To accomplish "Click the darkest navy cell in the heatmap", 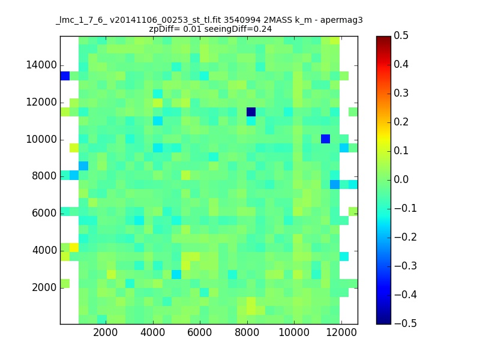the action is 251,112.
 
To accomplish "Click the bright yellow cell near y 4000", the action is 74,247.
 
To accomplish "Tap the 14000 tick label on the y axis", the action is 41,65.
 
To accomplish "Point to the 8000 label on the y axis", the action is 44,176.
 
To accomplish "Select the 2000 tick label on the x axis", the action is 106,332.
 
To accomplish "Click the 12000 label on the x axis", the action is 341,332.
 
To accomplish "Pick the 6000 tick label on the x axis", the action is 200,332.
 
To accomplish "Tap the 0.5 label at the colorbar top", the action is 401,35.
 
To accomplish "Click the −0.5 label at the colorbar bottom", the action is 406,323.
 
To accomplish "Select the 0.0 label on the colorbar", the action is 401,179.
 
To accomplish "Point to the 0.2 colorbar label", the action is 401,122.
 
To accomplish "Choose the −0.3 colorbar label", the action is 406,266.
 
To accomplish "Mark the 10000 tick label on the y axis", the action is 41,139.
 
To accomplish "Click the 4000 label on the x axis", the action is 152,332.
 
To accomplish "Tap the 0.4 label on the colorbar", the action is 401,64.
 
